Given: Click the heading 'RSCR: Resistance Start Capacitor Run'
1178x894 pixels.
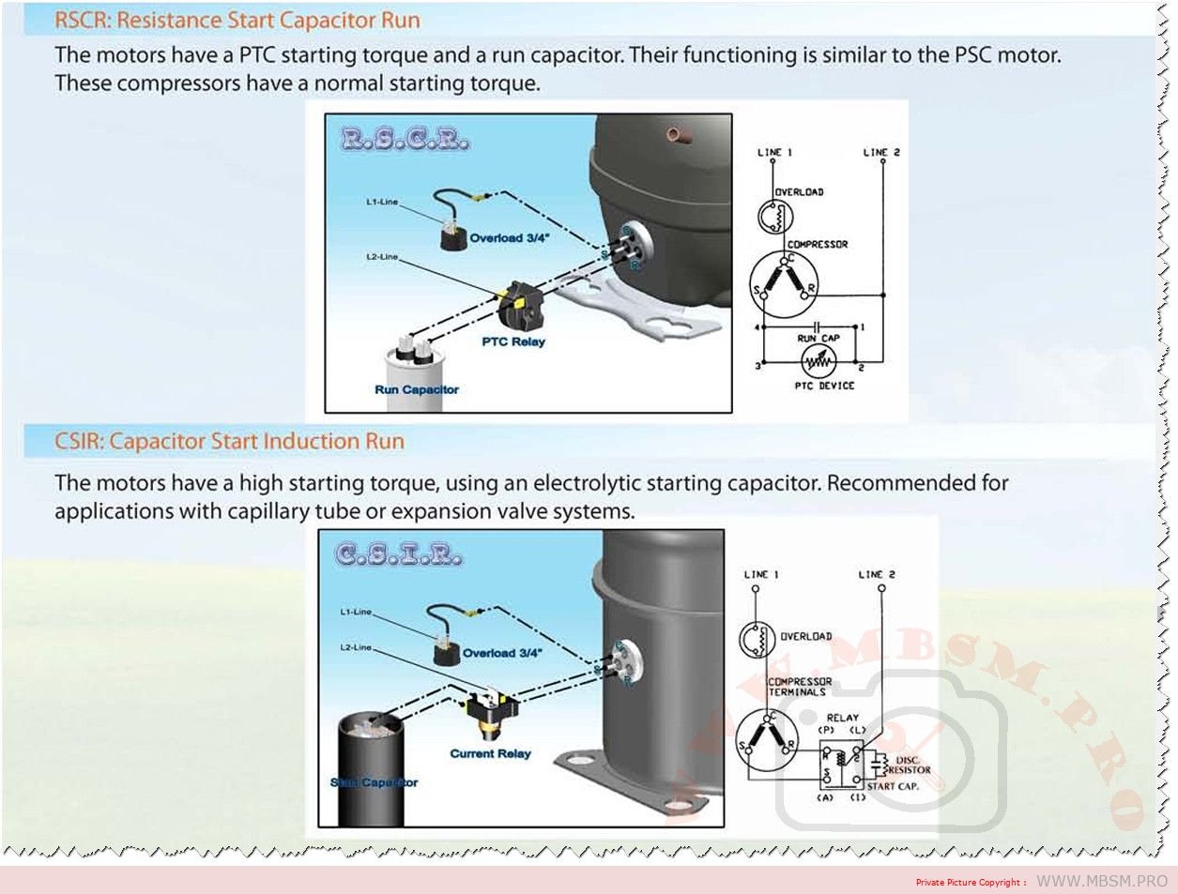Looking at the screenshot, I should point(237,21).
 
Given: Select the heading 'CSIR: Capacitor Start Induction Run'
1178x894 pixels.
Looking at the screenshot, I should point(229,441).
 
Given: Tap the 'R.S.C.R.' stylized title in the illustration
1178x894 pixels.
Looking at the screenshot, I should point(405,140).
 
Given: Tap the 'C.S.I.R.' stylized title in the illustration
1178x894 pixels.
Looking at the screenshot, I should point(399,554).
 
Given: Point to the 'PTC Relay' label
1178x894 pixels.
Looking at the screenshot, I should point(513,341).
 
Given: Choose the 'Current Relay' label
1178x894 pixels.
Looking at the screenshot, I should point(490,753).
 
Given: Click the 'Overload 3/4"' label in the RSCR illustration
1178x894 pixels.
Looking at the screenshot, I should point(509,238).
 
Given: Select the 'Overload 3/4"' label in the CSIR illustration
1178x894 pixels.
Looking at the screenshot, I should point(501,653).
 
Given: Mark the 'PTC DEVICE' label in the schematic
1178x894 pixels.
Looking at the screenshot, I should point(824,386).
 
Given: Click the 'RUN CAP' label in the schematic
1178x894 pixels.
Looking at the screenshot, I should point(818,338).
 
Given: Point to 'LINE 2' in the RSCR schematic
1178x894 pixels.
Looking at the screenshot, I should point(881,152).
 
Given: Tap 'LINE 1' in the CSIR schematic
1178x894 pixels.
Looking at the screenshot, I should point(761,574).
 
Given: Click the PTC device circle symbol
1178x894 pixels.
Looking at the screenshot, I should point(818,361).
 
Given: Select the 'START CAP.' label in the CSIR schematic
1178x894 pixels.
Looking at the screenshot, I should point(892,786).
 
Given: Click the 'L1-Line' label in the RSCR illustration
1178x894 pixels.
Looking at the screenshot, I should point(382,202).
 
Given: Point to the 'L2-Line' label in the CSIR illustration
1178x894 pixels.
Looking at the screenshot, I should point(356,647).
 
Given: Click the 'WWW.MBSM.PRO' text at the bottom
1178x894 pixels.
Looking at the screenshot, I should point(1101,881).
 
